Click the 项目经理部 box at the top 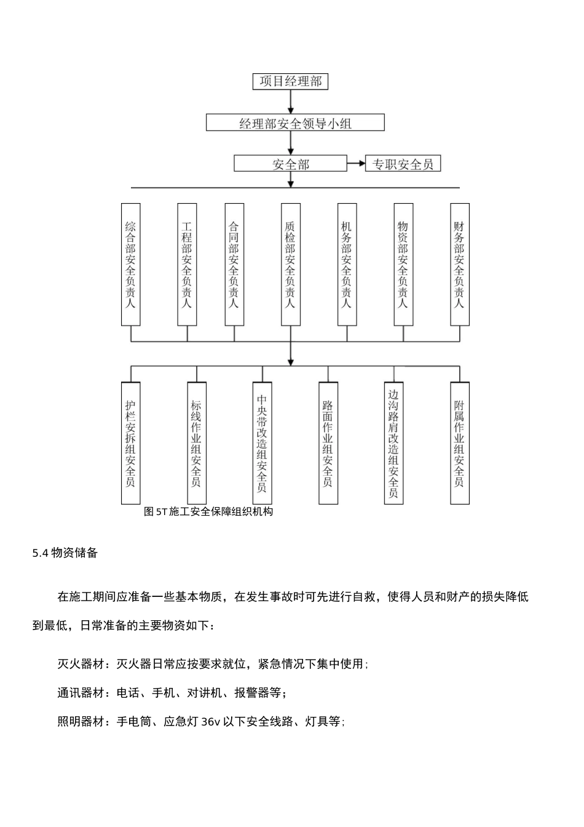click(291, 81)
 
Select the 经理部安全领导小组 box click(295, 123)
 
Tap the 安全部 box click(291, 164)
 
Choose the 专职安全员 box click(403, 164)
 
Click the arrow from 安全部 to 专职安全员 click(357, 164)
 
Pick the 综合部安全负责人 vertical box click(130, 265)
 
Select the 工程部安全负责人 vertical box click(187, 265)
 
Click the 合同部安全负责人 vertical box click(234, 265)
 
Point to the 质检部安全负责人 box click(290, 265)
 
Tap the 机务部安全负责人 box click(347, 265)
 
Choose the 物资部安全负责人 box click(403, 265)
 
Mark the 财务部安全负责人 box click(459, 265)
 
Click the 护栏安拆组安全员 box click(130, 443)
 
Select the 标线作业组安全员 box click(196, 443)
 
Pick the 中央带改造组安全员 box click(262, 443)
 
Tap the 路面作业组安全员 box click(328, 443)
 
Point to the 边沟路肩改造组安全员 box click(393, 443)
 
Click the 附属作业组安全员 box click(459, 443)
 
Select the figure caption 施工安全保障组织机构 click(208, 511)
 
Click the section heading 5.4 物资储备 click(65, 553)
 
